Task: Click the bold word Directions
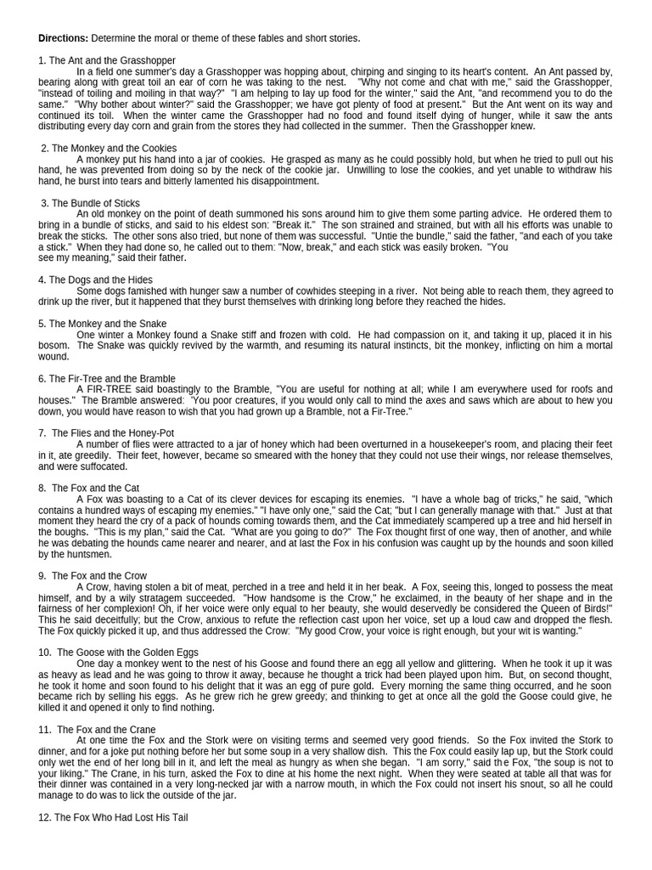pyautogui.click(x=64, y=38)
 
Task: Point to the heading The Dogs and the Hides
pyautogui.click(x=101, y=280)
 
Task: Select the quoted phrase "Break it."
pyautogui.click(x=294, y=225)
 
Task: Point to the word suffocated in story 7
pyautogui.click(x=102, y=466)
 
